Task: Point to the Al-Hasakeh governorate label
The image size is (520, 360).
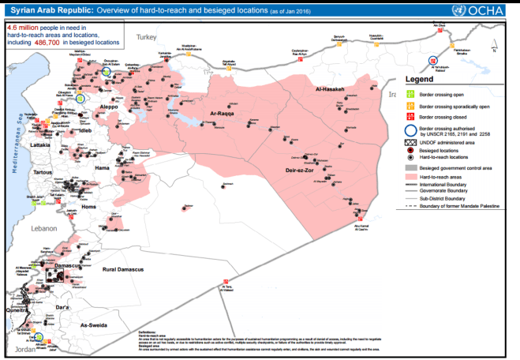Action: [330, 89]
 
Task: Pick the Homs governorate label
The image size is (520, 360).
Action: [88, 207]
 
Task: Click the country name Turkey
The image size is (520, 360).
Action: [147, 37]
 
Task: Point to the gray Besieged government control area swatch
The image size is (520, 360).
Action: [410, 168]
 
